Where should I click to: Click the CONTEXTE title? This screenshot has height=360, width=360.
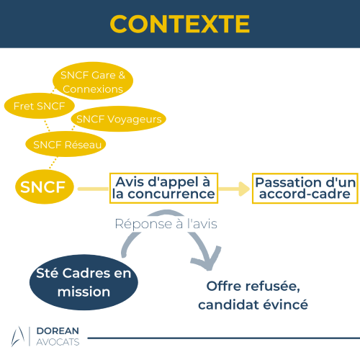[180, 24]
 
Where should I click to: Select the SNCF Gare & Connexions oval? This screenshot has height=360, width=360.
[93, 81]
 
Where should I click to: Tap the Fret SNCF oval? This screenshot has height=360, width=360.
[40, 106]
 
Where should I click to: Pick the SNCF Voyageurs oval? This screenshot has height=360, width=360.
[119, 119]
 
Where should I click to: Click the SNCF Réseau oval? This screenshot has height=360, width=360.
[66, 144]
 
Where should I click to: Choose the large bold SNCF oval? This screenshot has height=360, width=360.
[45, 186]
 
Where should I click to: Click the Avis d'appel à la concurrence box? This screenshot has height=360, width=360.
[163, 188]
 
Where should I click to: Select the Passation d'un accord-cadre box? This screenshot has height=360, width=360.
[305, 189]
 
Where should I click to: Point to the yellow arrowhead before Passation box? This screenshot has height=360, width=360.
[244, 189]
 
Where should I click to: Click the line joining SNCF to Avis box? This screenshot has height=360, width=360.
[94, 189]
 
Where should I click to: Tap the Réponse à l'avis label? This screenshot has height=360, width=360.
[166, 224]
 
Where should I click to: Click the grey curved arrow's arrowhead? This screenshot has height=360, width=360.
[207, 259]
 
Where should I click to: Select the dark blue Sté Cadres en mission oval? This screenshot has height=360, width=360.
[84, 282]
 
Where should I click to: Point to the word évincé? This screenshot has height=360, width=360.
[285, 305]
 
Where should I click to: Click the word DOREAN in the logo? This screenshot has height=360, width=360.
[58, 330]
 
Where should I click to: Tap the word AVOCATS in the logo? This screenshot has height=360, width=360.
[58, 342]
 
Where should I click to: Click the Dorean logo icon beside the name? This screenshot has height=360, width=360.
[18, 336]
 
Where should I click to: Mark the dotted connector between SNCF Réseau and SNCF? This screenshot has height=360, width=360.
[53, 163]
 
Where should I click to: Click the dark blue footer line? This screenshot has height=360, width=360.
[224, 338]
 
